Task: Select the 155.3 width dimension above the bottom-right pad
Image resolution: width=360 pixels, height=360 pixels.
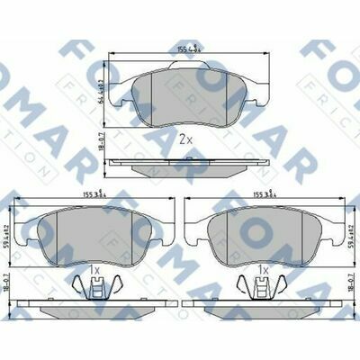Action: pos(266,193)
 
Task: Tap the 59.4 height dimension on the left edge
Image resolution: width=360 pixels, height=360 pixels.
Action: pos(6,233)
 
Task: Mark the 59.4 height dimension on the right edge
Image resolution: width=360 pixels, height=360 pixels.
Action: pos(352,233)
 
